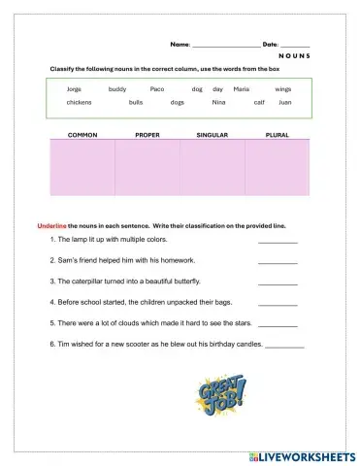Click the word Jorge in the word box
(x=74, y=88)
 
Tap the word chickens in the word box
(x=79, y=102)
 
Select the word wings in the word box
(x=282, y=88)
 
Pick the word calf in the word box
(x=259, y=102)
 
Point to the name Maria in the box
(x=242, y=88)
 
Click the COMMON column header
(x=82, y=135)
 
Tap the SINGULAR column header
(x=212, y=135)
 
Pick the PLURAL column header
(x=277, y=135)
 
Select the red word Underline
(x=51, y=225)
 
